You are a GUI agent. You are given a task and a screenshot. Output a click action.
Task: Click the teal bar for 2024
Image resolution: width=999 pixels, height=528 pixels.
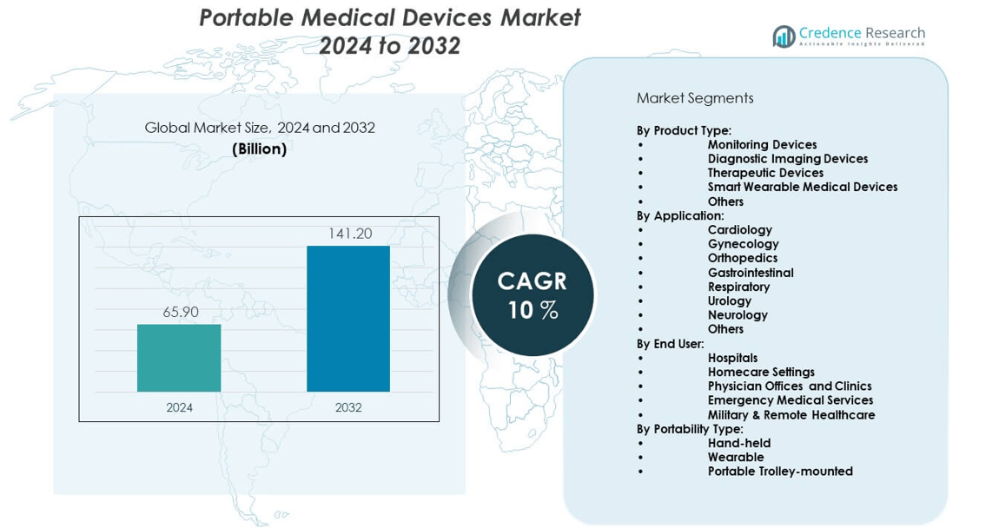pyautogui.click(x=179, y=358)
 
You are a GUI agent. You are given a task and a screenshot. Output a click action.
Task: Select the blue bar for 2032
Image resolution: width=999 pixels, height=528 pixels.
pyautogui.click(x=348, y=319)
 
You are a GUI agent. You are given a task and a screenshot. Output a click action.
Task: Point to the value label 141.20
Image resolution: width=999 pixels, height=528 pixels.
pyautogui.click(x=349, y=234)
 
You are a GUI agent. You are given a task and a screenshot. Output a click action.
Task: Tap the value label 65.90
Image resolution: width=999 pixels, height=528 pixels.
pyautogui.click(x=180, y=312)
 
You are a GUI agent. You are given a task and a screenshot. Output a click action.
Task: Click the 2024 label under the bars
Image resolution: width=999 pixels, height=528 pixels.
pyautogui.click(x=179, y=407)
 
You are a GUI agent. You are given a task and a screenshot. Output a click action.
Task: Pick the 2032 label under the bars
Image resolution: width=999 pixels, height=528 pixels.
pyautogui.click(x=348, y=407)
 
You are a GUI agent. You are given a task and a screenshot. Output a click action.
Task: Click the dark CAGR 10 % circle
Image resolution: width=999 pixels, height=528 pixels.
pyautogui.click(x=533, y=295)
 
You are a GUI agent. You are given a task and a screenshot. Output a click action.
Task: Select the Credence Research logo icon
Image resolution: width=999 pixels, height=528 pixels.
pyautogui.click(x=784, y=36)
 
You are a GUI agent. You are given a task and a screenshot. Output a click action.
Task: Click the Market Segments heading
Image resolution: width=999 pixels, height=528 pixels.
pyautogui.click(x=695, y=98)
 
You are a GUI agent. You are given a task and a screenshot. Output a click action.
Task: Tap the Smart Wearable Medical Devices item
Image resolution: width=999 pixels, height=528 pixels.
pyautogui.click(x=802, y=187)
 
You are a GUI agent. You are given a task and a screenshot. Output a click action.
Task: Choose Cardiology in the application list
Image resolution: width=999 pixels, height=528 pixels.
pyautogui.click(x=739, y=229)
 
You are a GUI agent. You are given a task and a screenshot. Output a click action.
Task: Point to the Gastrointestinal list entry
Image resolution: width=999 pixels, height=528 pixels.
pyautogui.click(x=751, y=272)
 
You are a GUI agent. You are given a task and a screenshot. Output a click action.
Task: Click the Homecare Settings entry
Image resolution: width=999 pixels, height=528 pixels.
pyautogui.click(x=761, y=372)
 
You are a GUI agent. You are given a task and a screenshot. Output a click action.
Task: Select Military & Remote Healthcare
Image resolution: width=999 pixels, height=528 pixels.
pyautogui.click(x=791, y=414)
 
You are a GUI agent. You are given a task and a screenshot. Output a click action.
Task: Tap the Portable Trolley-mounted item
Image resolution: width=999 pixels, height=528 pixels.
pyautogui.click(x=780, y=471)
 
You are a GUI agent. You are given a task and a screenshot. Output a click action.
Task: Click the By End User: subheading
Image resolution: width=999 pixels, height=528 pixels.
pyautogui.click(x=670, y=343)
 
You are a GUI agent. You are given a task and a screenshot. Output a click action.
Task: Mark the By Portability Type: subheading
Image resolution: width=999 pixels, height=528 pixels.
pyautogui.click(x=690, y=428)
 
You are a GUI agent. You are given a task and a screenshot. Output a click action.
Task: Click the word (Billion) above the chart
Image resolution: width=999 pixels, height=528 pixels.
pyautogui.click(x=259, y=149)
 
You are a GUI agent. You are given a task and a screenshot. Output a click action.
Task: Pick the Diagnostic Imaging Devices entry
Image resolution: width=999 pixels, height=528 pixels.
pyautogui.click(x=787, y=158)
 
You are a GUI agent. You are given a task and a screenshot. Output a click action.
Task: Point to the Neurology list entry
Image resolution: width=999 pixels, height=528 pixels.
pyautogui.click(x=738, y=314)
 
